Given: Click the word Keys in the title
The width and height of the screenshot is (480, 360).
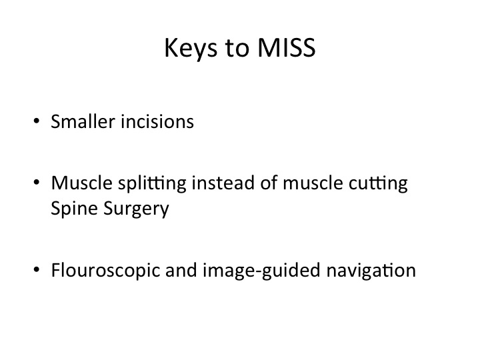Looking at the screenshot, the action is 191,48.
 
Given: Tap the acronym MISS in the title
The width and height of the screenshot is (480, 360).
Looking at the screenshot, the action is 287,47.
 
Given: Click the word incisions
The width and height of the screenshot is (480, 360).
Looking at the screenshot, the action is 157,121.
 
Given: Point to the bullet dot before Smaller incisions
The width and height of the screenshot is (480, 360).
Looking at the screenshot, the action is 37,121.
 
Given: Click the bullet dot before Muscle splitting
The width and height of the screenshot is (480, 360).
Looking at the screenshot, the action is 37,183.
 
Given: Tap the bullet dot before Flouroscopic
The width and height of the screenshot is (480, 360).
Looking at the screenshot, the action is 37,270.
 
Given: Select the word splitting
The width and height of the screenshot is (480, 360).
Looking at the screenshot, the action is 152,184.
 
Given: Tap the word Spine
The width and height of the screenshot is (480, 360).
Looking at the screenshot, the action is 75,209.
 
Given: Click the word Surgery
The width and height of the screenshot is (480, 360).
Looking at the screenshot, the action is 136,209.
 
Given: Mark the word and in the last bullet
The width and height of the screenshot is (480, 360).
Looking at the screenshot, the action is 181,270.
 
